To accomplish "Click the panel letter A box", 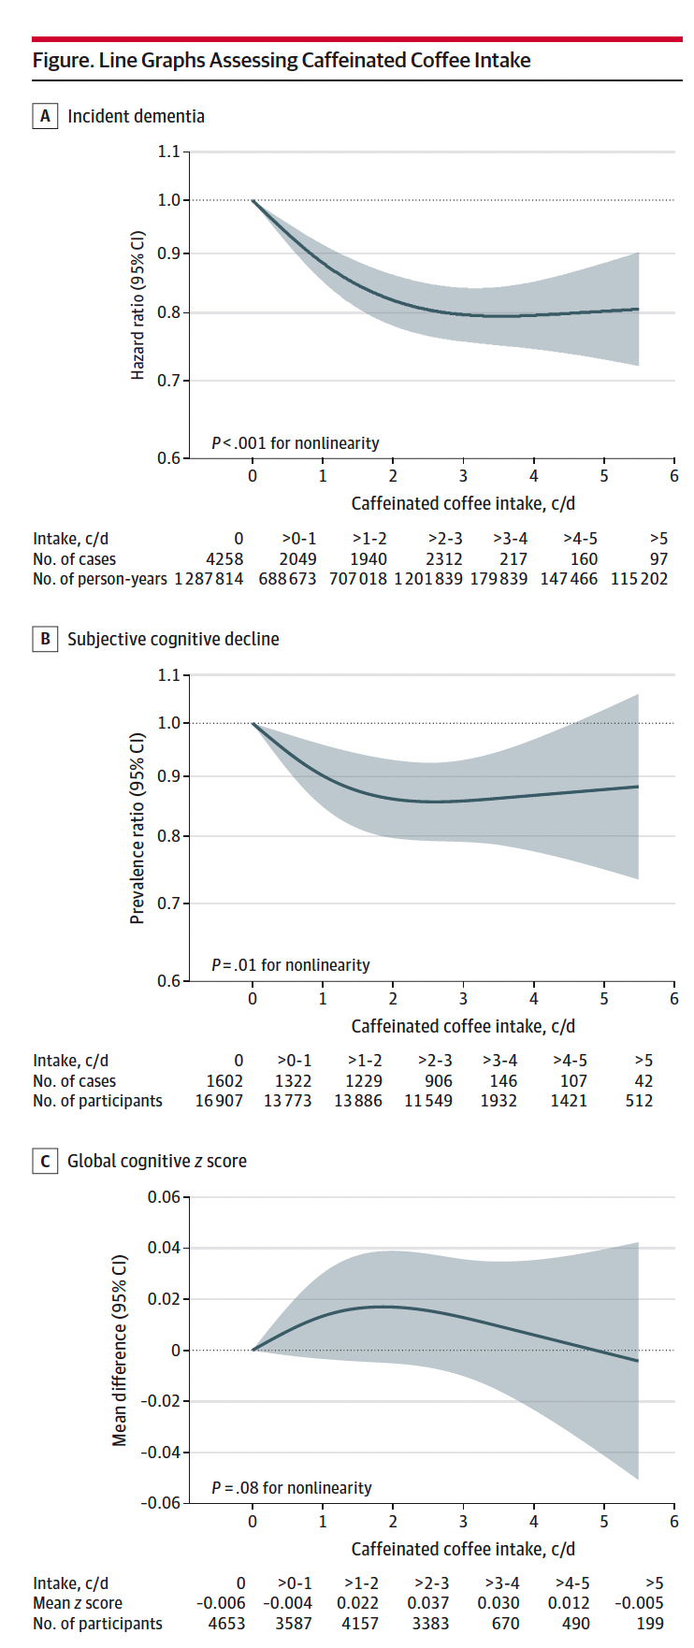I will [x=44, y=116].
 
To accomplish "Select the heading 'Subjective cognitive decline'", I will [x=173, y=639].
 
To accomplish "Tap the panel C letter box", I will [x=44, y=1161].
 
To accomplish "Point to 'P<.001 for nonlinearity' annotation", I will [x=295, y=443].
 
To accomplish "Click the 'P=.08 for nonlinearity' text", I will [x=291, y=1487].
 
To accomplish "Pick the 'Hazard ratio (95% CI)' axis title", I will [x=137, y=305].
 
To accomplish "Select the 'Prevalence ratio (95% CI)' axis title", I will [x=137, y=828].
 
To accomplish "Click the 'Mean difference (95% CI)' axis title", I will [x=120, y=1350].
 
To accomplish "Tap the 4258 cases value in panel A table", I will [x=224, y=559].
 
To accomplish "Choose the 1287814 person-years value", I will [x=209, y=579].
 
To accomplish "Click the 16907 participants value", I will [x=218, y=1101].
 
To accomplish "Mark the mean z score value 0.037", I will [x=431, y=1603].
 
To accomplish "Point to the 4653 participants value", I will [x=226, y=1624].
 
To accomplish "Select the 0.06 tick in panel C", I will [x=164, y=1197].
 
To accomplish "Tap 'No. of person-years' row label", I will [x=100, y=579].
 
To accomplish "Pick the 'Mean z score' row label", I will [x=78, y=1603].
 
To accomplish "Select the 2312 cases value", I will [x=443, y=559].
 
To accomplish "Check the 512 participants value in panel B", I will [x=639, y=1101].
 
